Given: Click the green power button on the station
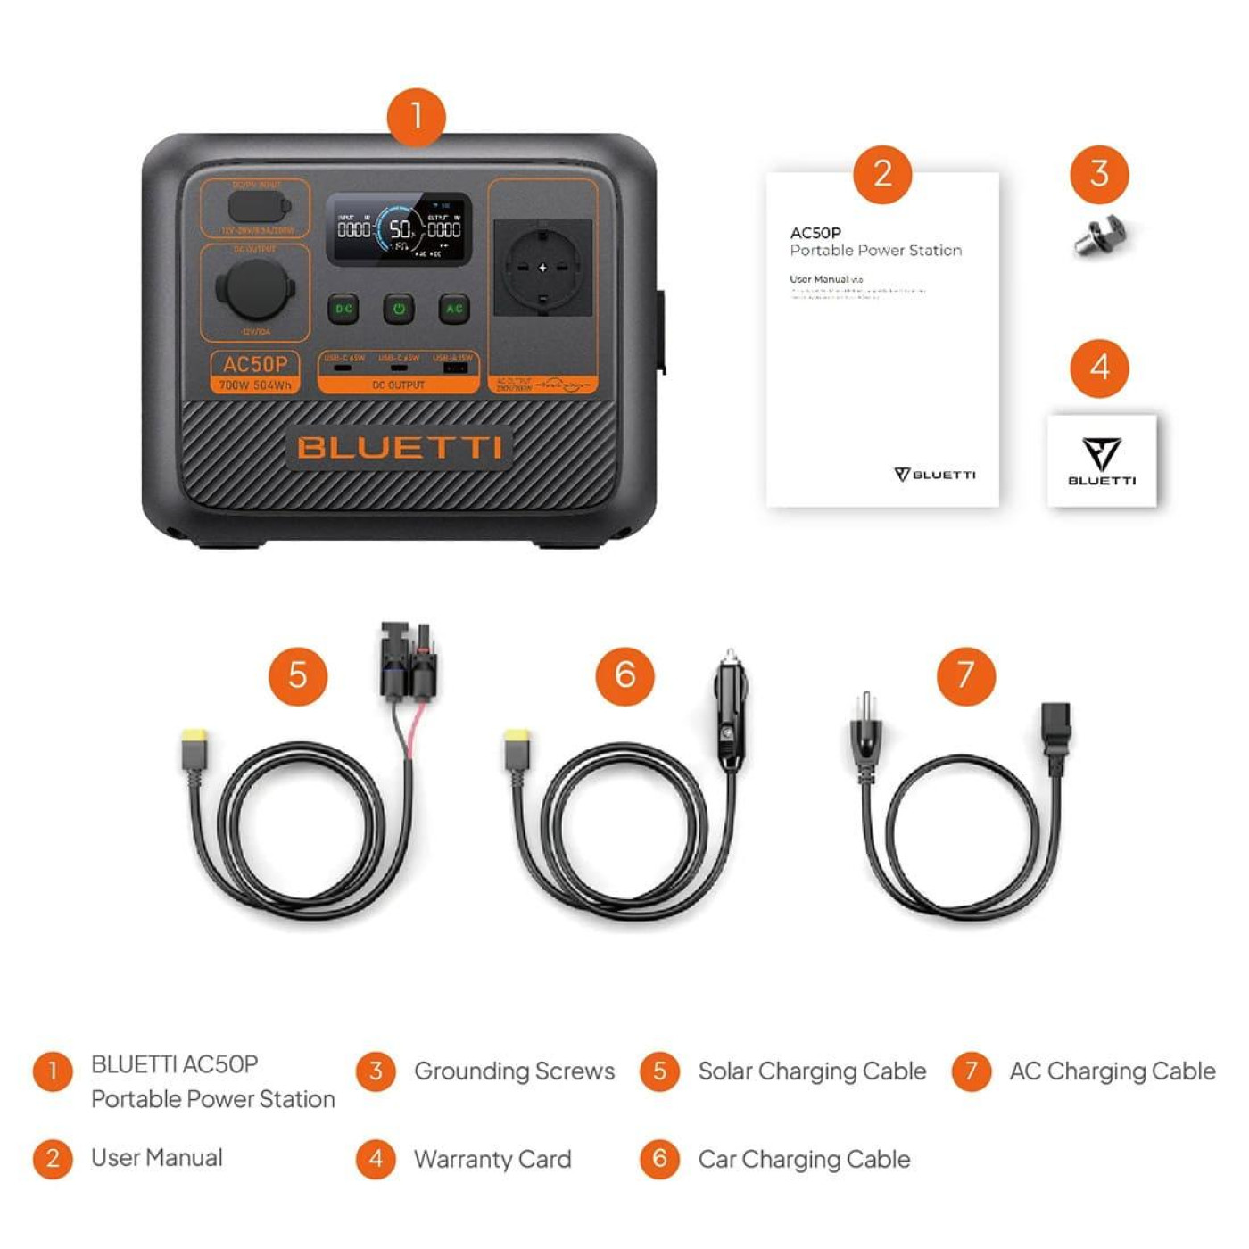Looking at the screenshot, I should click(399, 309).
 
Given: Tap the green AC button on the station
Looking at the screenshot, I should click(454, 309).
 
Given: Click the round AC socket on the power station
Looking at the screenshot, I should click(542, 268).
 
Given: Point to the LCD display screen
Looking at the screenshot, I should click(399, 229).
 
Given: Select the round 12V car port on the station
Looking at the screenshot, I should click(255, 289).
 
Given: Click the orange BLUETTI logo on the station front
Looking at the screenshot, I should click(399, 447).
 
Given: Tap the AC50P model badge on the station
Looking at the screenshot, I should click(255, 371).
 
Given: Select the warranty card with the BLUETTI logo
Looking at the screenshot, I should click(1102, 460).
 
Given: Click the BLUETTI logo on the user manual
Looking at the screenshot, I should click(935, 474).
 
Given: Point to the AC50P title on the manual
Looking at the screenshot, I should click(815, 233).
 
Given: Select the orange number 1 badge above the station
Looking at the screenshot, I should click(416, 117).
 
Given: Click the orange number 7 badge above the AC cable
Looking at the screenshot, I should click(965, 675).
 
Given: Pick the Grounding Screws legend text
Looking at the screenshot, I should click(514, 1071).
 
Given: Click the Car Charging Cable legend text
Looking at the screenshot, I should click(804, 1159).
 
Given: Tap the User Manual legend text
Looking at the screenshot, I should click(157, 1158).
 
